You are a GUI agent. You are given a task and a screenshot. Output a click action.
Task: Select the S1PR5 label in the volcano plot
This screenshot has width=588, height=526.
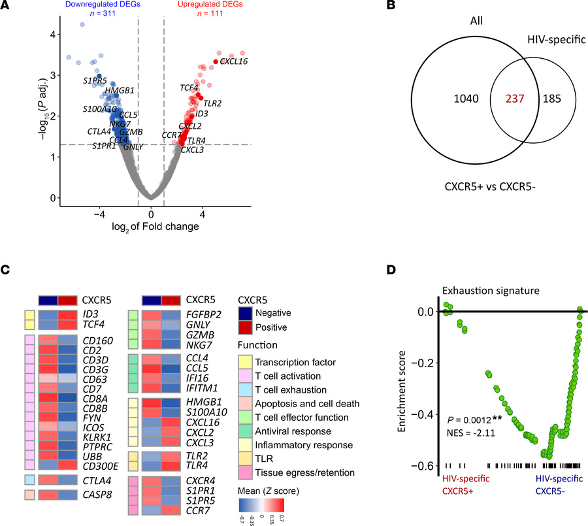[x=95, y=81]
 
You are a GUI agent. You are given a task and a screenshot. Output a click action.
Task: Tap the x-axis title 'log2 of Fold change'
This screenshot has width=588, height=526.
[x=151, y=227]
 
